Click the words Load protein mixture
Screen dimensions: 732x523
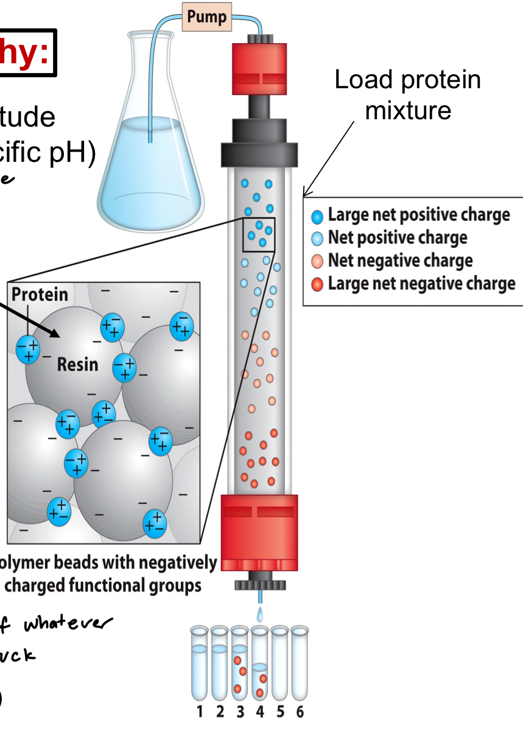coord(408,94)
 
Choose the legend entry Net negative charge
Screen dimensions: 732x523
coord(399,260)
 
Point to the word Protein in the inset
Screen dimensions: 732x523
coord(40,295)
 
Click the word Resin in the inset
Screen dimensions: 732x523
coord(77,364)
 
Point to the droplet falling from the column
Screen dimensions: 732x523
coord(260,616)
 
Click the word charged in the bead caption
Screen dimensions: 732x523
coord(71,587)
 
